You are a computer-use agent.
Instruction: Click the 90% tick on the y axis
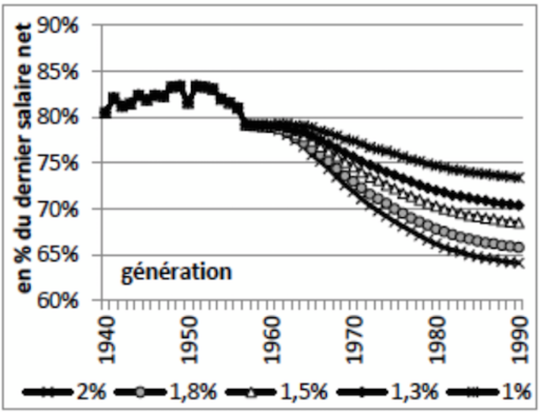(74, 26)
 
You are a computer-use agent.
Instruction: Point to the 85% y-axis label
(74, 72)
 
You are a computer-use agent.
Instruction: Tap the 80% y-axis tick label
(74, 118)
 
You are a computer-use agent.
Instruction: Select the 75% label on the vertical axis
(74, 163)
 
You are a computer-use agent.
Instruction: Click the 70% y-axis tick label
(74, 209)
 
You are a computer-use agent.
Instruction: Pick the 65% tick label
(74, 255)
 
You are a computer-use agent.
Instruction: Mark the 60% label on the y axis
(74, 301)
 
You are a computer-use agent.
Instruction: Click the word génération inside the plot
(177, 274)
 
